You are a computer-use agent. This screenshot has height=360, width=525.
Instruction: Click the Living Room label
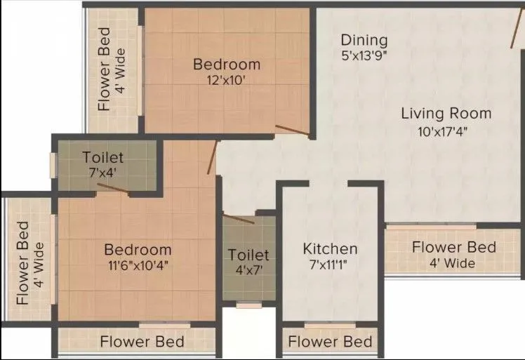pos(446,113)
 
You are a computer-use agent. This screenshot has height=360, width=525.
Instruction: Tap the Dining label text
pos(364,40)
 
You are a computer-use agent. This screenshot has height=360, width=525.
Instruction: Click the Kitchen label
pos(330,248)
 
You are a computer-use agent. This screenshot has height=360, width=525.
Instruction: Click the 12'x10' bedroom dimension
pos(226,80)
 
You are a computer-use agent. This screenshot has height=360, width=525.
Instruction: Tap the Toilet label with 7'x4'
pos(102,157)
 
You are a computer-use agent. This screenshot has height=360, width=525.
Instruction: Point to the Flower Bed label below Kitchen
pos(330,342)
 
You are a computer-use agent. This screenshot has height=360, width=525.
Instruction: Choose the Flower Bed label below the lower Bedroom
pos(142,342)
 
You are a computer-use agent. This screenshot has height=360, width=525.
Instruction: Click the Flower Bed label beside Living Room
pos(453,247)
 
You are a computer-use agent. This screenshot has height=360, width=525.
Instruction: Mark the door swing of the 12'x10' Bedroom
pos(293,131)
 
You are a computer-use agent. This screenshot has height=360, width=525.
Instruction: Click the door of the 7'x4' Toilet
pos(112,187)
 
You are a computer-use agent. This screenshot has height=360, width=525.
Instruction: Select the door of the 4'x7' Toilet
pos(239,218)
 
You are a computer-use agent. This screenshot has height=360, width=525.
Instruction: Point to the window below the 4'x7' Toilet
pos(249,305)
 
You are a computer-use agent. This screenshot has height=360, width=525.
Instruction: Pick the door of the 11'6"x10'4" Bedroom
pos(212,156)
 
